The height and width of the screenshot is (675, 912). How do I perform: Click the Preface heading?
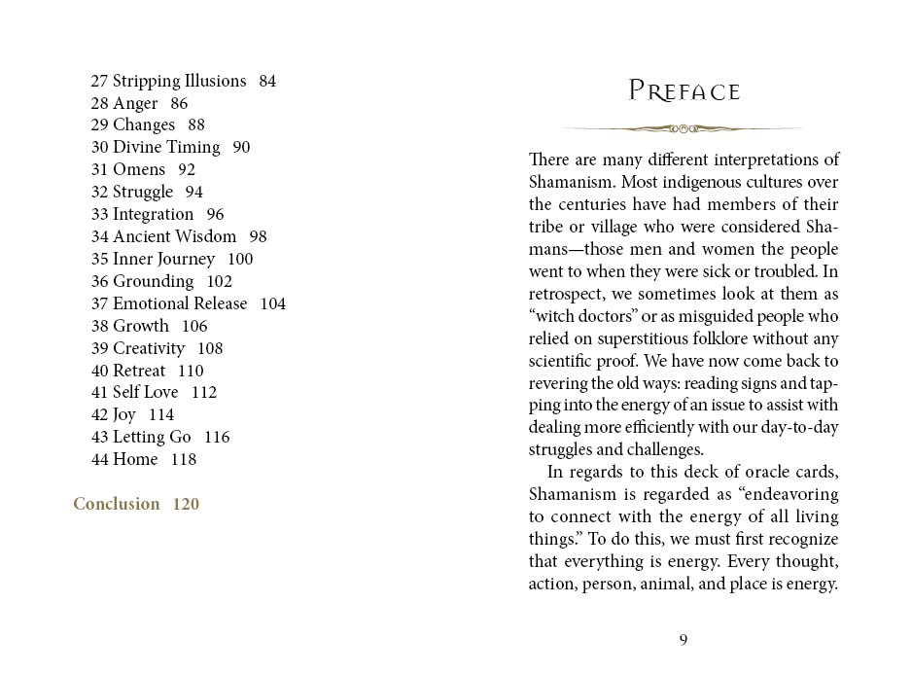coord(684,91)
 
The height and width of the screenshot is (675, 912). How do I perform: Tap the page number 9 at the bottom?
coord(684,639)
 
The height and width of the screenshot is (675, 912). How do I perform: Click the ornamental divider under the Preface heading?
coord(684,127)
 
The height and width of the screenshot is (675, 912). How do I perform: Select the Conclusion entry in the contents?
coord(117,504)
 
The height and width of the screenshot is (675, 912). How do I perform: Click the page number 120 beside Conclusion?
coord(186,504)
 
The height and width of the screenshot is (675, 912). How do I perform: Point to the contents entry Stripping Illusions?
coord(179,81)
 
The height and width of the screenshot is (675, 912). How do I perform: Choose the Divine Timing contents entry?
coord(166,147)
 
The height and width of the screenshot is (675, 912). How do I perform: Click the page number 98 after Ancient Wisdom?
coord(258,236)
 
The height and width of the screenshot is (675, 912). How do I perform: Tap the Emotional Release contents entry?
coord(180,303)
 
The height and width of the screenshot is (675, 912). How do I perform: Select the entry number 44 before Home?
coord(100,459)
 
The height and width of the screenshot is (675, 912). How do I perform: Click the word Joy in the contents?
coord(124,414)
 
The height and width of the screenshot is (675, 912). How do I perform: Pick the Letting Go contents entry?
coord(152,437)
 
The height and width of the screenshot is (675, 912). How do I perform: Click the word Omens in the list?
coord(139,169)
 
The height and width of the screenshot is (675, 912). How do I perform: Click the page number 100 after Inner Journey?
coord(239,259)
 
